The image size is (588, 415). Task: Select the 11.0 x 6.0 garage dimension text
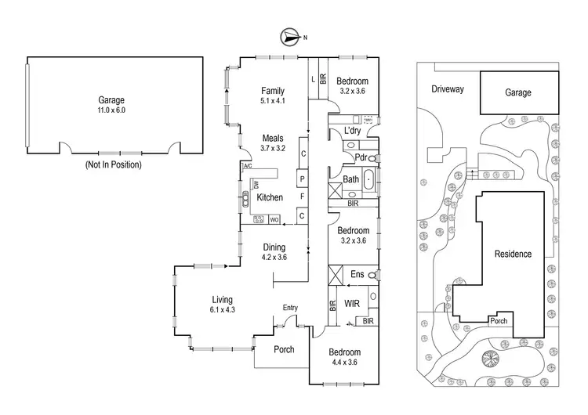[111, 111]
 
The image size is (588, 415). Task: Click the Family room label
[274, 91]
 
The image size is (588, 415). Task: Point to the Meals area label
[274, 138]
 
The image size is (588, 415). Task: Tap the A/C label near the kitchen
[247, 167]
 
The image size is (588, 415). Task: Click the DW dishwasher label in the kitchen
[255, 185]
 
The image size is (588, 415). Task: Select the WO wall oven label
[274, 221]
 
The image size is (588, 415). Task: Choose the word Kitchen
[270, 198]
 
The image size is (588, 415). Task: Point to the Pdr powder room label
[361, 157]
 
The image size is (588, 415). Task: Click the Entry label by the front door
[290, 307]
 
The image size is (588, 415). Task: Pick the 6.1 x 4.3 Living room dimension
[223, 309]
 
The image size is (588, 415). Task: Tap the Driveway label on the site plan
[448, 89]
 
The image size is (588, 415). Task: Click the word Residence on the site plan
[513, 254]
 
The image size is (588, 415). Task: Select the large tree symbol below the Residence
[492, 360]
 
